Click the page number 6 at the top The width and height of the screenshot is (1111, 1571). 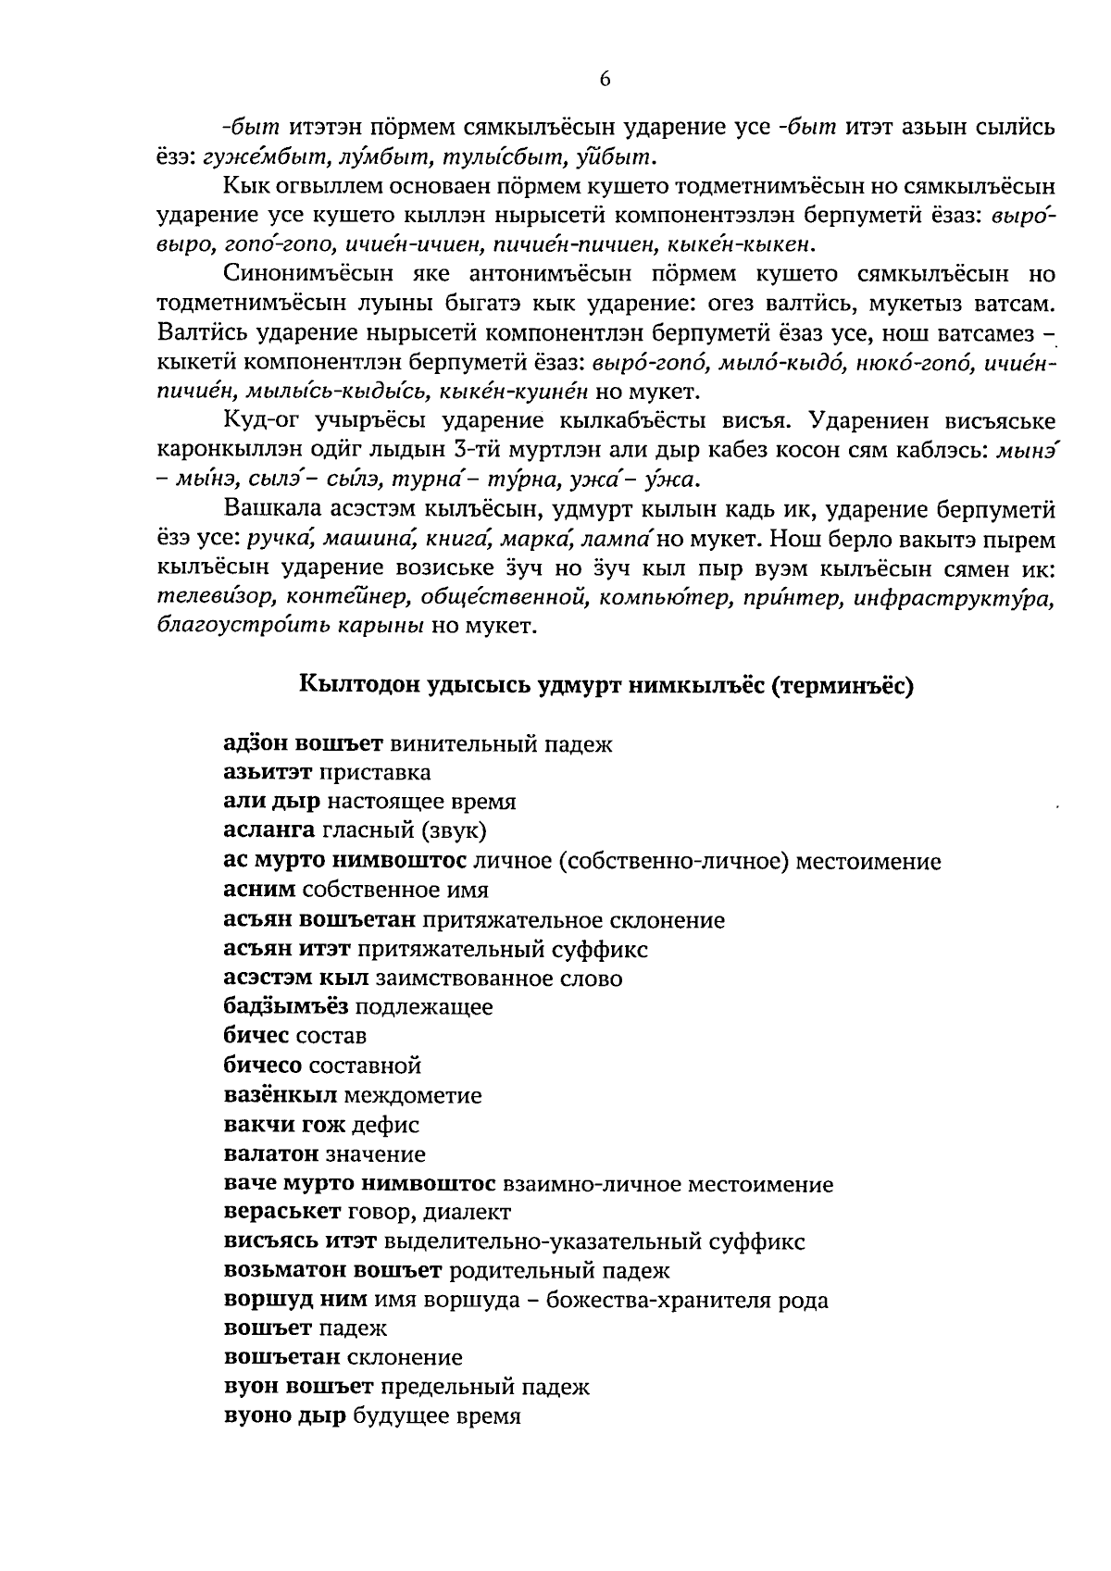coord(605,80)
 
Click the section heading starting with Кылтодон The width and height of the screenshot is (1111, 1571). coord(606,686)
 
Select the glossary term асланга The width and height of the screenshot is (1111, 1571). coord(270,830)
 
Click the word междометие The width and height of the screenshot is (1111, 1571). coord(413,1096)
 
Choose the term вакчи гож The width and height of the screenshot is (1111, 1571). coord(284,1126)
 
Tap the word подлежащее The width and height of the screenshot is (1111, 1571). coord(424,1007)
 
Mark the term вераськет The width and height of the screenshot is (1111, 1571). coord(281,1213)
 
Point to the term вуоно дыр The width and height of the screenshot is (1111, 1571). coord(285,1416)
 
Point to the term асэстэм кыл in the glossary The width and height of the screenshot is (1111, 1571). coord(296,979)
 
